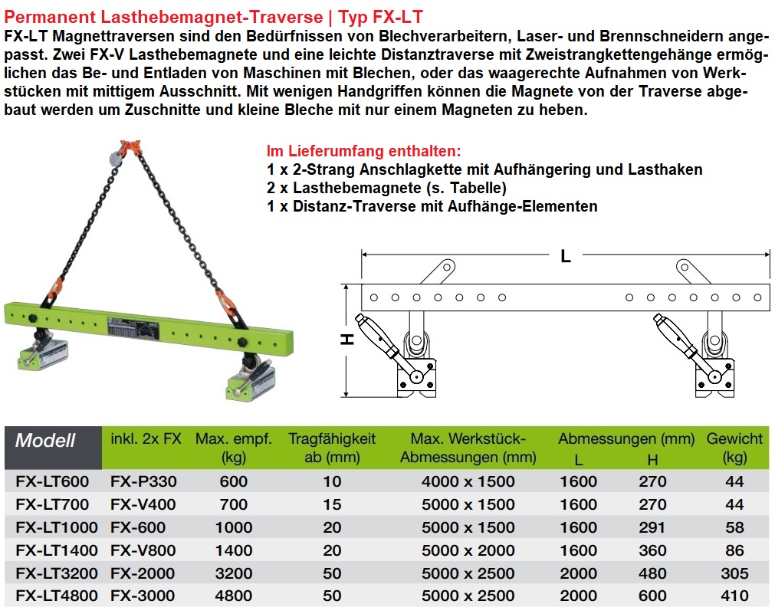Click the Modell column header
(45, 440)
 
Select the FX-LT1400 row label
(57, 550)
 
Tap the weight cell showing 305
(734, 573)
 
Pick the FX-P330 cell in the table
(143, 481)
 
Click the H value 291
(652, 527)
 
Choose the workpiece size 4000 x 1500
(468, 481)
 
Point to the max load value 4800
(233, 596)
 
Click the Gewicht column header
(734, 448)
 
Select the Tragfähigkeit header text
(332, 438)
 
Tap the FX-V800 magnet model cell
(143, 550)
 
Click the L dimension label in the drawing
(566, 255)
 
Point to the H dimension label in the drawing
(348, 339)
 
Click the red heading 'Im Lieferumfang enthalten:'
(364, 151)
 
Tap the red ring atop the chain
(131, 146)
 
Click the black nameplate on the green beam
(133, 328)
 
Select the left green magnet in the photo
(44, 354)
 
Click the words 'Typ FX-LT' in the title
(380, 17)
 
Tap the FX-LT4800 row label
(57, 596)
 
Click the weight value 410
(734, 596)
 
